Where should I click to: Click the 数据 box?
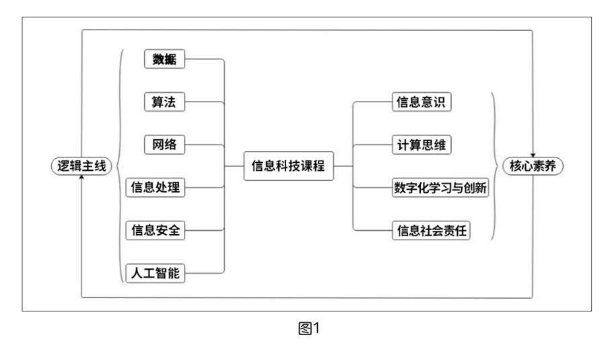164,59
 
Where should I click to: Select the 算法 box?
164,102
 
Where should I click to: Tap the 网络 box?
164,145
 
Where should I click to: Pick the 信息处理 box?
156,187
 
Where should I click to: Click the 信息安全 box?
156,230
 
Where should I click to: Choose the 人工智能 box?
156,273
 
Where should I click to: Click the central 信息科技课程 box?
288,166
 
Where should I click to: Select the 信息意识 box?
422,102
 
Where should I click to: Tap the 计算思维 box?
422,145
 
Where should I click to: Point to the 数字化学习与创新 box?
440,188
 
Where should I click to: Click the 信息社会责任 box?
431,231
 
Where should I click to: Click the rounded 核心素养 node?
532,166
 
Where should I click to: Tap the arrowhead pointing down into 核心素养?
533,155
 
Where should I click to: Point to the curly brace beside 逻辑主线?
120,166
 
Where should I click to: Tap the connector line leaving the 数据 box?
205,59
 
